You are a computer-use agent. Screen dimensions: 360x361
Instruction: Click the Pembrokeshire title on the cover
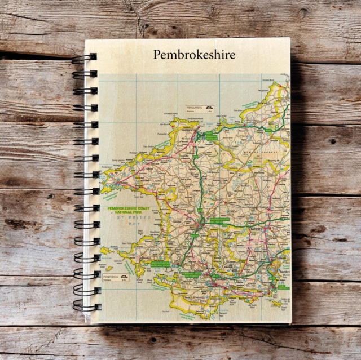click(194, 55)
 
